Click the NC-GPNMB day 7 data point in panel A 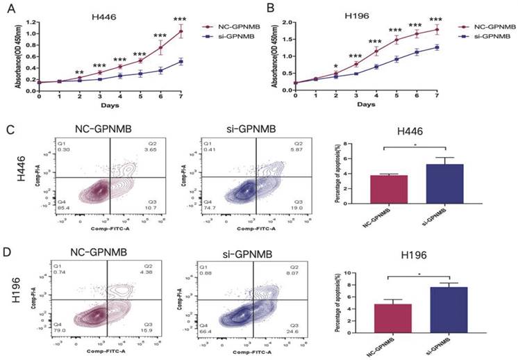181,31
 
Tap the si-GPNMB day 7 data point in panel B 437,47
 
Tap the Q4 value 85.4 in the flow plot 64,207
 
